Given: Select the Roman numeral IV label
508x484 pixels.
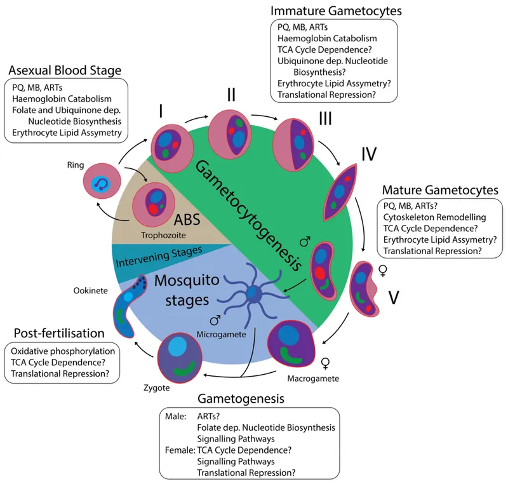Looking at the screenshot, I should tap(369, 154).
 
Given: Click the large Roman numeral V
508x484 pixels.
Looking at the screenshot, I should tap(393, 298).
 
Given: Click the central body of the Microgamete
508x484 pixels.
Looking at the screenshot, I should tap(253, 294).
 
